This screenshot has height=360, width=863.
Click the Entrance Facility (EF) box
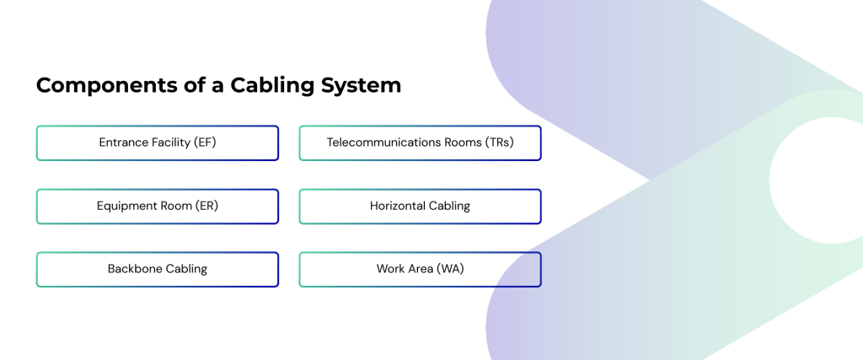coord(158,142)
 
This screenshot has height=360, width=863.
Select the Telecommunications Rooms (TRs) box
coord(420,142)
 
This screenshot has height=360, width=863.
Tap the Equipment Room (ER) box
coord(158,206)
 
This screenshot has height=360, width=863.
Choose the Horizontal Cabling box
coord(420,206)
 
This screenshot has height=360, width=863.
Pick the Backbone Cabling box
coord(158,269)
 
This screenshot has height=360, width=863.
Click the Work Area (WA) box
coord(420,269)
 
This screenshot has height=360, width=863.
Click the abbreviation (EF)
coord(205,142)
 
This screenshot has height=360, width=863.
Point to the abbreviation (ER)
coord(205,206)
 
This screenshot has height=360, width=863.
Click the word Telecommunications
coord(383,142)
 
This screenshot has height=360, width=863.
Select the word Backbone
coord(135,269)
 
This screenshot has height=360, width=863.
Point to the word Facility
coord(172,142)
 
